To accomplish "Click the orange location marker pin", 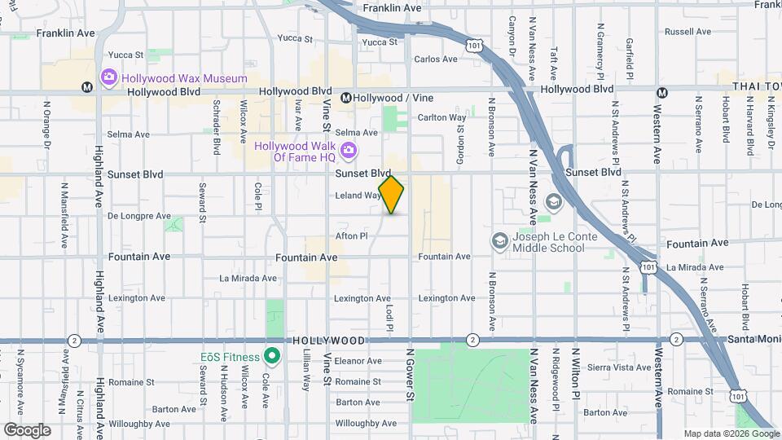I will [x=391, y=195].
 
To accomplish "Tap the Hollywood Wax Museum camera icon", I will [x=109, y=77].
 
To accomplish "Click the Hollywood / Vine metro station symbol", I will [x=346, y=98].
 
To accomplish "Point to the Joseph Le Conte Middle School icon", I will [x=499, y=241].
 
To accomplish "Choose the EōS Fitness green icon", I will [x=272, y=357].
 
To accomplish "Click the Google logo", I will [x=27, y=429].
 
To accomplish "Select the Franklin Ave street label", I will [x=393, y=7].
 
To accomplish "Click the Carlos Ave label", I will [x=436, y=59].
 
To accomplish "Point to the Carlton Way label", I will [x=442, y=117].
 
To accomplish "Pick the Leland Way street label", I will [x=358, y=196].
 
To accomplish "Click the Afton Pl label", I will [x=352, y=236].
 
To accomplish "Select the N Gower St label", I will [x=410, y=374].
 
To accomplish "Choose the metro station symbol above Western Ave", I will [x=662, y=92].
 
